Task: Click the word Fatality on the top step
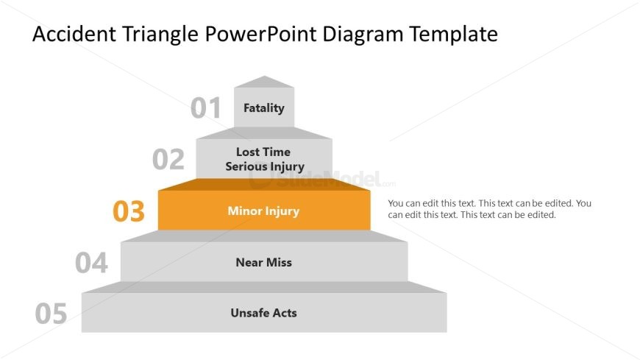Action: (263, 108)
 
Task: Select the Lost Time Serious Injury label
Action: (264, 159)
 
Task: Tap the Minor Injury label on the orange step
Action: (263, 211)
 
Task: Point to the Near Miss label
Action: (263, 262)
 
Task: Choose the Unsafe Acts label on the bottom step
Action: (263, 313)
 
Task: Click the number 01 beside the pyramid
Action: (205, 108)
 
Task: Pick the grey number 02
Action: (168, 160)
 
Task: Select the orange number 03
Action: (129, 211)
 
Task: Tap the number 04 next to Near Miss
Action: (91, 263)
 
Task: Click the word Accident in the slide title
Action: (69, 34)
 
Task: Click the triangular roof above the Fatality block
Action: (264, 82)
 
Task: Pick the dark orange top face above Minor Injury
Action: (264, 184)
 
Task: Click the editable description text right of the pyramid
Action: (489, 209)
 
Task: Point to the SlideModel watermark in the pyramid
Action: (324, 179)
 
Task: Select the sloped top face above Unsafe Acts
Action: (264, 286)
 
